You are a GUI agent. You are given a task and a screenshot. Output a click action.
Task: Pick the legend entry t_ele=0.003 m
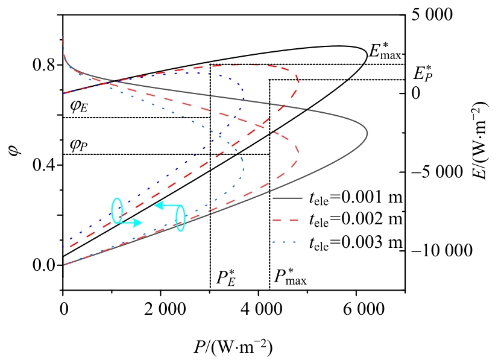pyautogui.click(x=338, y=242)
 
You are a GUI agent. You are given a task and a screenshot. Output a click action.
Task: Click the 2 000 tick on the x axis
pyautogui.click(x=161, y=308)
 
